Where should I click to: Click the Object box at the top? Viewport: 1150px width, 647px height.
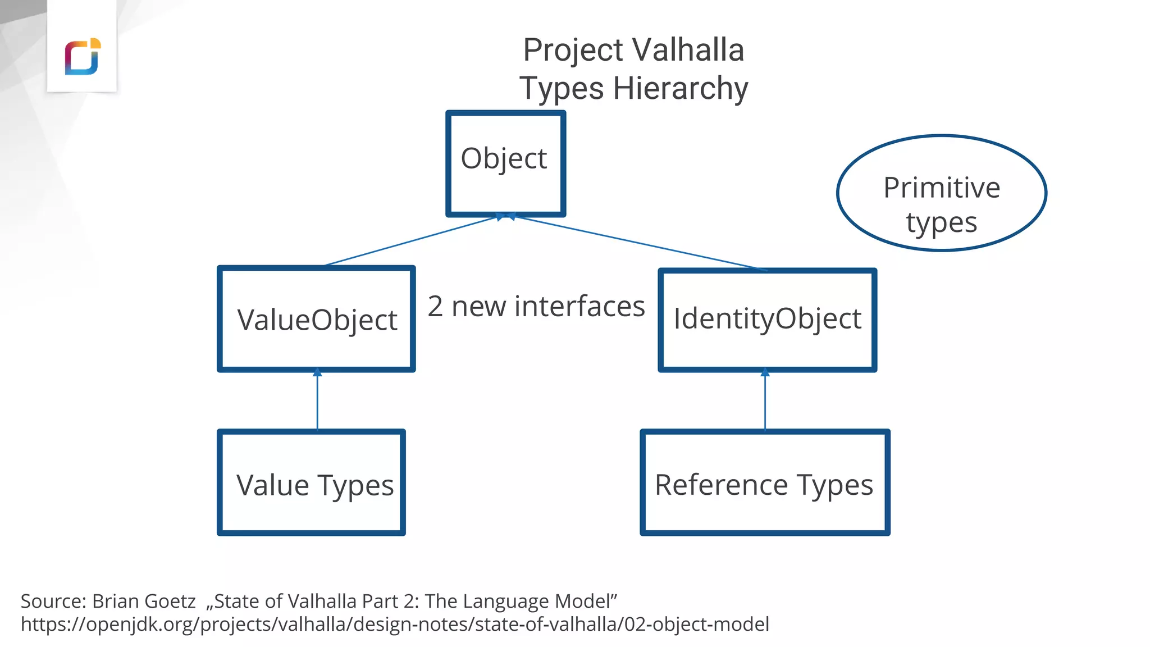[x=505, y=163]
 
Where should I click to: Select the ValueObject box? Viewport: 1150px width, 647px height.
[x=316, y=319]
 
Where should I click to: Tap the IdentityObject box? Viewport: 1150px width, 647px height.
[x=767, y=320]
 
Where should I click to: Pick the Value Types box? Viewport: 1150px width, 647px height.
[x=312, y=483]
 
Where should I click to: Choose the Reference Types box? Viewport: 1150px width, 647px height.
[x=765, y=483]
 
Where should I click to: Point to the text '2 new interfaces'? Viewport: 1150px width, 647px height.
[x=536, y=307]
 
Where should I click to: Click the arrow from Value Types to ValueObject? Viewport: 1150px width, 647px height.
[x=317, y=402]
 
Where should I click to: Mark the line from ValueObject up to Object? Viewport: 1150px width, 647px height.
[x=410, y=241]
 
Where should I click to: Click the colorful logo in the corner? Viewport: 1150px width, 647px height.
[x=83, y=57]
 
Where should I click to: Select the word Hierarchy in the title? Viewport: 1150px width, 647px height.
[x=680, y=89]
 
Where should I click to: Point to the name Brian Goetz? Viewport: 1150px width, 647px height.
[x=144, y=601]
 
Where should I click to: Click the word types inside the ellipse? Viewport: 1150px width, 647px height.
[x=942, y=222]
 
